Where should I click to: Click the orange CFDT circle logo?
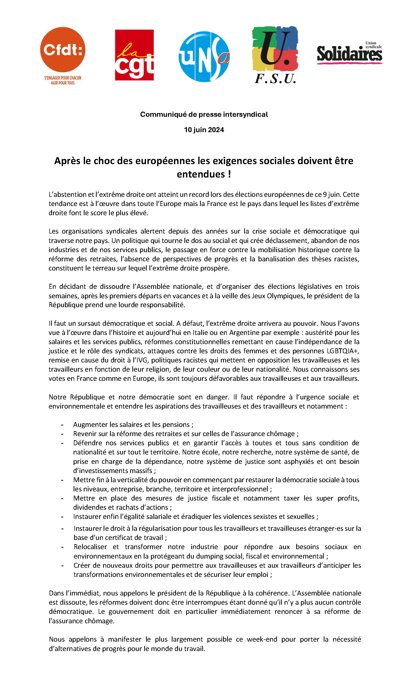coord(63,50)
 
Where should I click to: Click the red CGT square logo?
coord(134,55)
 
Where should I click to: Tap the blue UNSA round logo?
coord(204,57)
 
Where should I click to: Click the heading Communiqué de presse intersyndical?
coord(204,114)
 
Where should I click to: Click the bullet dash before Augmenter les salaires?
coord(62,425)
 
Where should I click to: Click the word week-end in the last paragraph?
coord(262,639)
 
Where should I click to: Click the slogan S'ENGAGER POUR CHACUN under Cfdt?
coord(63,78)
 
